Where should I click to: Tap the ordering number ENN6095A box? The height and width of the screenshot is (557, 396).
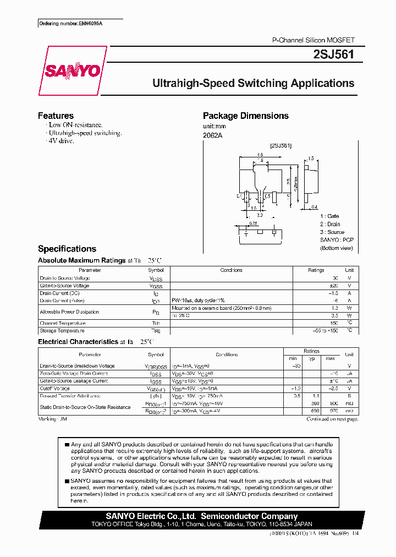(x=64, y=24)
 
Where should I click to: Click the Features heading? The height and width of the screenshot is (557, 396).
(x=56, y=116)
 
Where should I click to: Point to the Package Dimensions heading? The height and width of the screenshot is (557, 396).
(x=245, y=116)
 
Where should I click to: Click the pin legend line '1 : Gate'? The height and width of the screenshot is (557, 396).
(x=329, y=216)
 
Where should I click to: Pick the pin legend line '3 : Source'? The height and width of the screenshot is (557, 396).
(x=332, y=232)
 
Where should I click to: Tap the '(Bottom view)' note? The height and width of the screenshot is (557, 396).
(x=336, y=248)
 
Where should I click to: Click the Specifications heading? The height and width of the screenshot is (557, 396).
(x=67, y=249)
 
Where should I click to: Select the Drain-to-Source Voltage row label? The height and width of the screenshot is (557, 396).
(x=65, y=278)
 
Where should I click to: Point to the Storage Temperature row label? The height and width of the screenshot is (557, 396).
(x=62, y=331)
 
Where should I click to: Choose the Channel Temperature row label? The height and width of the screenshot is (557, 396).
(x=63, y=323)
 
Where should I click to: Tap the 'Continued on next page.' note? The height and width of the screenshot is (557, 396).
(x=332, y=419)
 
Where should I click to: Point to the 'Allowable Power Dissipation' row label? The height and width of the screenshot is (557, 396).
(x=69, y=312)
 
